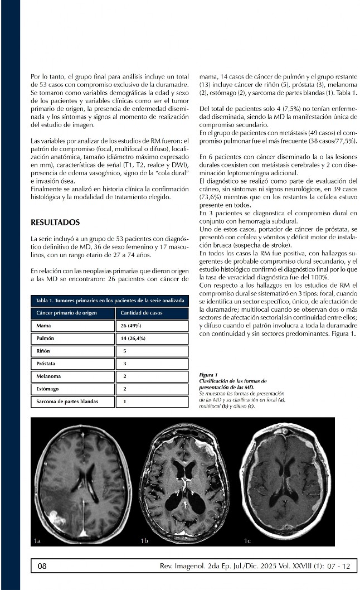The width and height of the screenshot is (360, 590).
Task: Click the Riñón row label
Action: tap(43, 351)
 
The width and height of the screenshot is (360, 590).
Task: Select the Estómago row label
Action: tap(47, 389)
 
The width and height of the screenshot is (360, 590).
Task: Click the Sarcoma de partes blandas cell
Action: tap(66, 402)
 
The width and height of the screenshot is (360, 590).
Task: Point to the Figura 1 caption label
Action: tap(208, 375)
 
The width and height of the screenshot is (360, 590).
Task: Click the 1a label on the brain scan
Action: tap(37, 540)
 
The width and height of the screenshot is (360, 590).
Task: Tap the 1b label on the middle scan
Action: tap(144, 540)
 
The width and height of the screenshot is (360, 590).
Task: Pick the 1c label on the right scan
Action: tap(247, 540)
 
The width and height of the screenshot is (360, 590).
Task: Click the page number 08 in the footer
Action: tap(42, 566)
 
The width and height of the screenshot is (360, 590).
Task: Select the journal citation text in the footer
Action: tap(255, 566)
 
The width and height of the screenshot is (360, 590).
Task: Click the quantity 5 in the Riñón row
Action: tap(125, 351)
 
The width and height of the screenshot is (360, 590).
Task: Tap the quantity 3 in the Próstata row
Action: tap(125, 364)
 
